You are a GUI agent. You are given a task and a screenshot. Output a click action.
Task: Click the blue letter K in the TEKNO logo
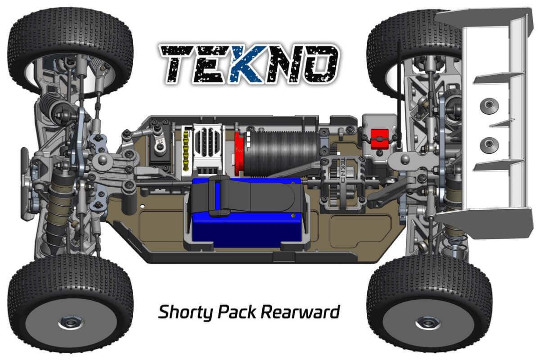point(246,65)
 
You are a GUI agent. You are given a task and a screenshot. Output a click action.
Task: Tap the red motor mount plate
point(239,154)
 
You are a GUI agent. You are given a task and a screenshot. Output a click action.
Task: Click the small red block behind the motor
point(380,139)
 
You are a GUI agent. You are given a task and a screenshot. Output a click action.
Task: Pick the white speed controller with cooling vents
point(208,150)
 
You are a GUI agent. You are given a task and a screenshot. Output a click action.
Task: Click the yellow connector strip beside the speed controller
point(186,152)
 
